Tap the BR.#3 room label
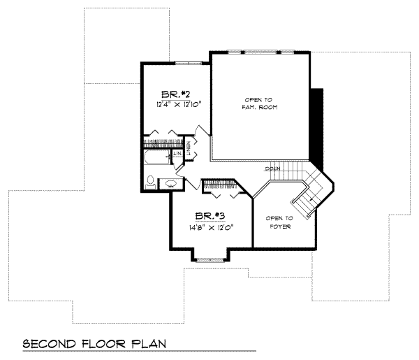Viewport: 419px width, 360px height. tap(209, 216)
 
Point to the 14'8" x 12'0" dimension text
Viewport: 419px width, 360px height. tap(209, 226)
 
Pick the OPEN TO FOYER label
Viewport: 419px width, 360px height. tap(279, 222)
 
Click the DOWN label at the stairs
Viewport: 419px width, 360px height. tap(272, 169)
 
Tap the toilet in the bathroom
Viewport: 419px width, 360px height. tap(152, 182)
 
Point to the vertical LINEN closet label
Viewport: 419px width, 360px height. tap(188, 148)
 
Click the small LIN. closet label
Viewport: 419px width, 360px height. tap(178, 153)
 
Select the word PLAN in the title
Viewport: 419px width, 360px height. tap(149, 345)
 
